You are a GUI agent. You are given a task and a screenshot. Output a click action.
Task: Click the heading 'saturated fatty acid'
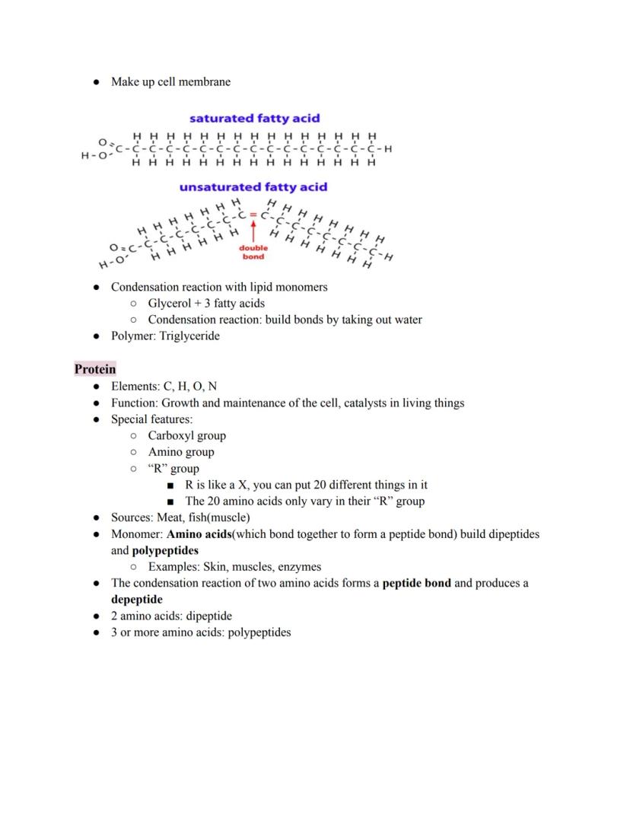254,119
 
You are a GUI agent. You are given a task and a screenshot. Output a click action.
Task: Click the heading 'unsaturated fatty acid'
253,187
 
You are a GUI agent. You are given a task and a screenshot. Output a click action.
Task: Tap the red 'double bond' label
253,253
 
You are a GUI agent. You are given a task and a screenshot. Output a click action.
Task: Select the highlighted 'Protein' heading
95,370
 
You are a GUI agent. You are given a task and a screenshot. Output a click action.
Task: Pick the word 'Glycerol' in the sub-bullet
170,304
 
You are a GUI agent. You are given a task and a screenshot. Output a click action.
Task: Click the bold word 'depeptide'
137,600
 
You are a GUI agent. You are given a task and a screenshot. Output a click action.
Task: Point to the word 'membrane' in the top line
205,82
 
